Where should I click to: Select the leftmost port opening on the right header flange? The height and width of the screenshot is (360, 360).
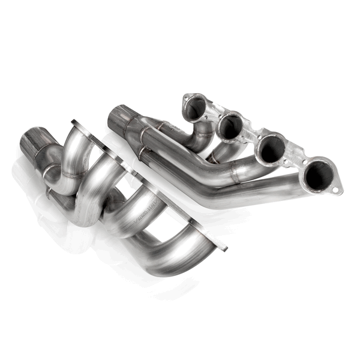coord(196,107)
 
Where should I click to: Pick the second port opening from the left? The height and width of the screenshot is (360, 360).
coord(230,127)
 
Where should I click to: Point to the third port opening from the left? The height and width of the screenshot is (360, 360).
coord(271,148)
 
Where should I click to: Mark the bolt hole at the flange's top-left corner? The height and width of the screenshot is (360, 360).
coord(187,97)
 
